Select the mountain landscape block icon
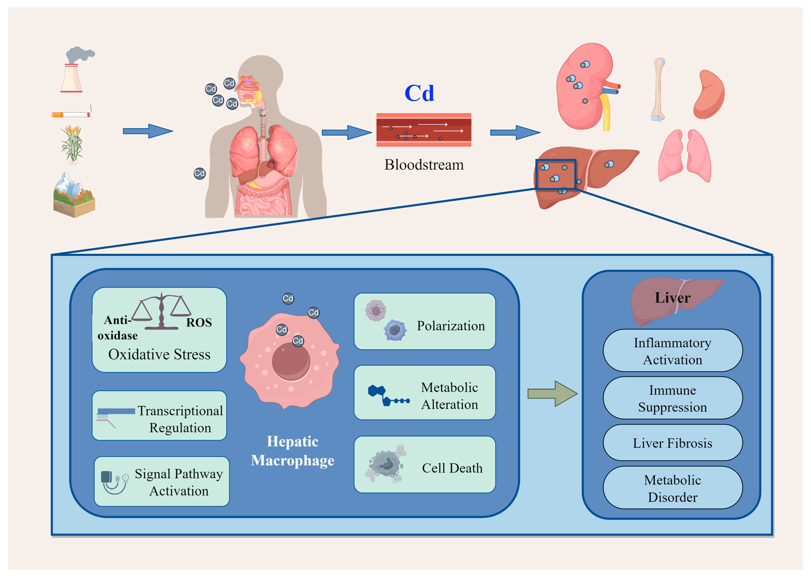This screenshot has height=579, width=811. (74, 195)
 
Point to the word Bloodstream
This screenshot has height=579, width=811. (424, 165)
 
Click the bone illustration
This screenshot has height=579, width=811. (658, 90)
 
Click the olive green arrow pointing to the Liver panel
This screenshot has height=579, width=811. (552, 394)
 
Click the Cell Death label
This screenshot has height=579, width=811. (452, 468)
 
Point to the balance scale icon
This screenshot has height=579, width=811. (161, 311)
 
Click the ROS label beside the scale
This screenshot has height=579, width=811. (199, 323)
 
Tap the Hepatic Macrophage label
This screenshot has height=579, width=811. (293, 451)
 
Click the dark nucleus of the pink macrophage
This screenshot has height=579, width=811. (291, 361)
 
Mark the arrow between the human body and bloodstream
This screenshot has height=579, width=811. (347, 133)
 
